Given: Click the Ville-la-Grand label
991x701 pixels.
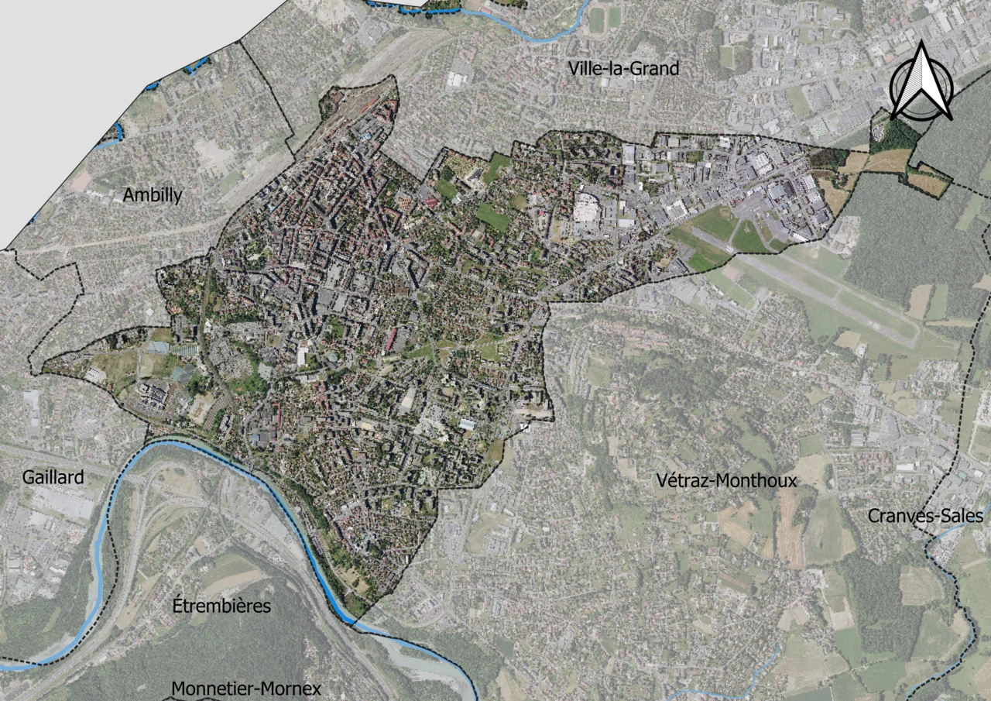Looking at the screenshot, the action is [623, 69].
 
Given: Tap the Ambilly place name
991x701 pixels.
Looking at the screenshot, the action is [153, 195].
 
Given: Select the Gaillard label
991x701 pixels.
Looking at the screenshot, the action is [53, 477].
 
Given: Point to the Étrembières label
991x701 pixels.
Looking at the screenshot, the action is [221, 606].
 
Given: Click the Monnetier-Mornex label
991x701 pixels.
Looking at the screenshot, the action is [245, 689].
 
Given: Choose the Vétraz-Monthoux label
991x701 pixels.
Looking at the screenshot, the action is [725, 481].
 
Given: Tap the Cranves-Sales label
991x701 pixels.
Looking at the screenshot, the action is [925, 516].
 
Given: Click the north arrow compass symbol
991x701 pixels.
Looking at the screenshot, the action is [921, 83].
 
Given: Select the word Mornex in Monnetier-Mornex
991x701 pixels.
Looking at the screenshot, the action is [290, 689].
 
